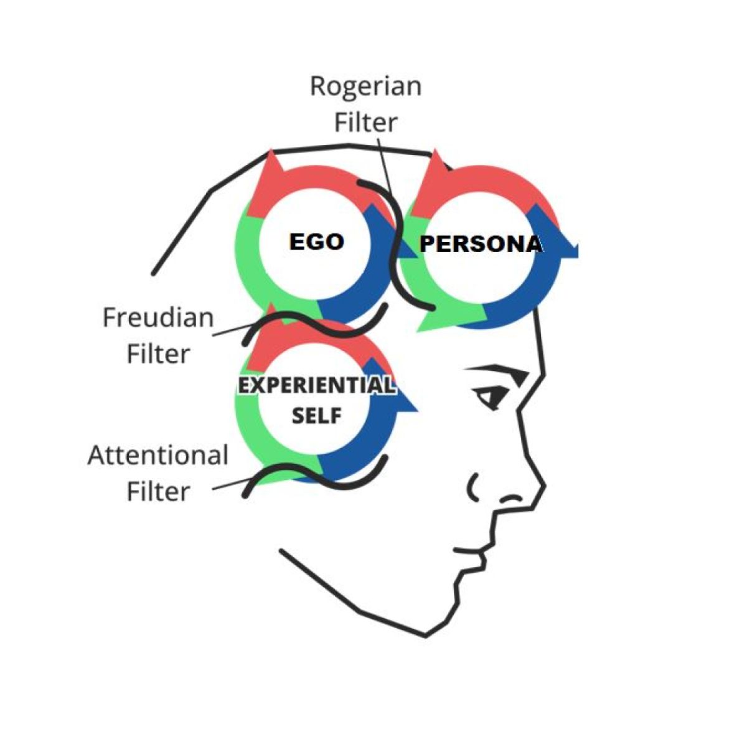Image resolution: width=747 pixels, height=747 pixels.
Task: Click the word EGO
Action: (316, 242)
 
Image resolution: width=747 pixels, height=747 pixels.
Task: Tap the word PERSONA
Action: (481, 244)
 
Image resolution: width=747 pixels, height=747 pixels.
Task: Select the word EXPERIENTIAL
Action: (316, 386)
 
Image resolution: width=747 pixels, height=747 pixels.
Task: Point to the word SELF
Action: (317, 415)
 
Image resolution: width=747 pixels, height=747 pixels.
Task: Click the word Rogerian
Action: (365, 87)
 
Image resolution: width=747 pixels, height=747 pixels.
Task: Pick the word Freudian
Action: (158, 318)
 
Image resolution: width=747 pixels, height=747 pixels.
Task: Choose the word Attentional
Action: (158, 456)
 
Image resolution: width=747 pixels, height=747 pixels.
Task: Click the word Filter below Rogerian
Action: (365, 123)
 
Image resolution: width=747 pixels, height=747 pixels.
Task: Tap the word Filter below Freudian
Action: (158, 354)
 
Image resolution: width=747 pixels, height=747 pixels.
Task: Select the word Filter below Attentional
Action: (158, 492)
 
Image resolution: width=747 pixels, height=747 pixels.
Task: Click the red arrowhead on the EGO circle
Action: (270, 168)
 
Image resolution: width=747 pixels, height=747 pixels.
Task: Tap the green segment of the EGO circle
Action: (249, 261)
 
